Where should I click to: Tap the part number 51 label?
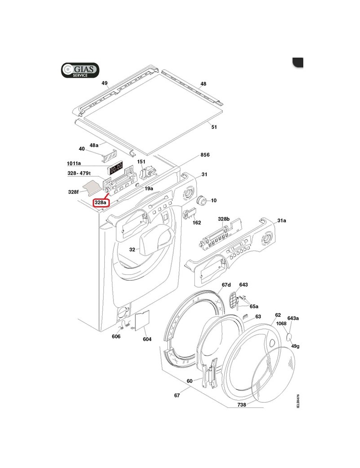click(x=214, y=127)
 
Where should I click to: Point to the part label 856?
click(x=205, y=154)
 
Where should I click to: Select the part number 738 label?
click(x=242, y=405)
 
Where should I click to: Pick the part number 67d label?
click(x=226, y=285)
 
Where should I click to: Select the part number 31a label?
click(x=282, y=220)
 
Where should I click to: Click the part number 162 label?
click(x=197, y=223)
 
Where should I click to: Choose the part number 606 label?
click(x=116, y=337)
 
